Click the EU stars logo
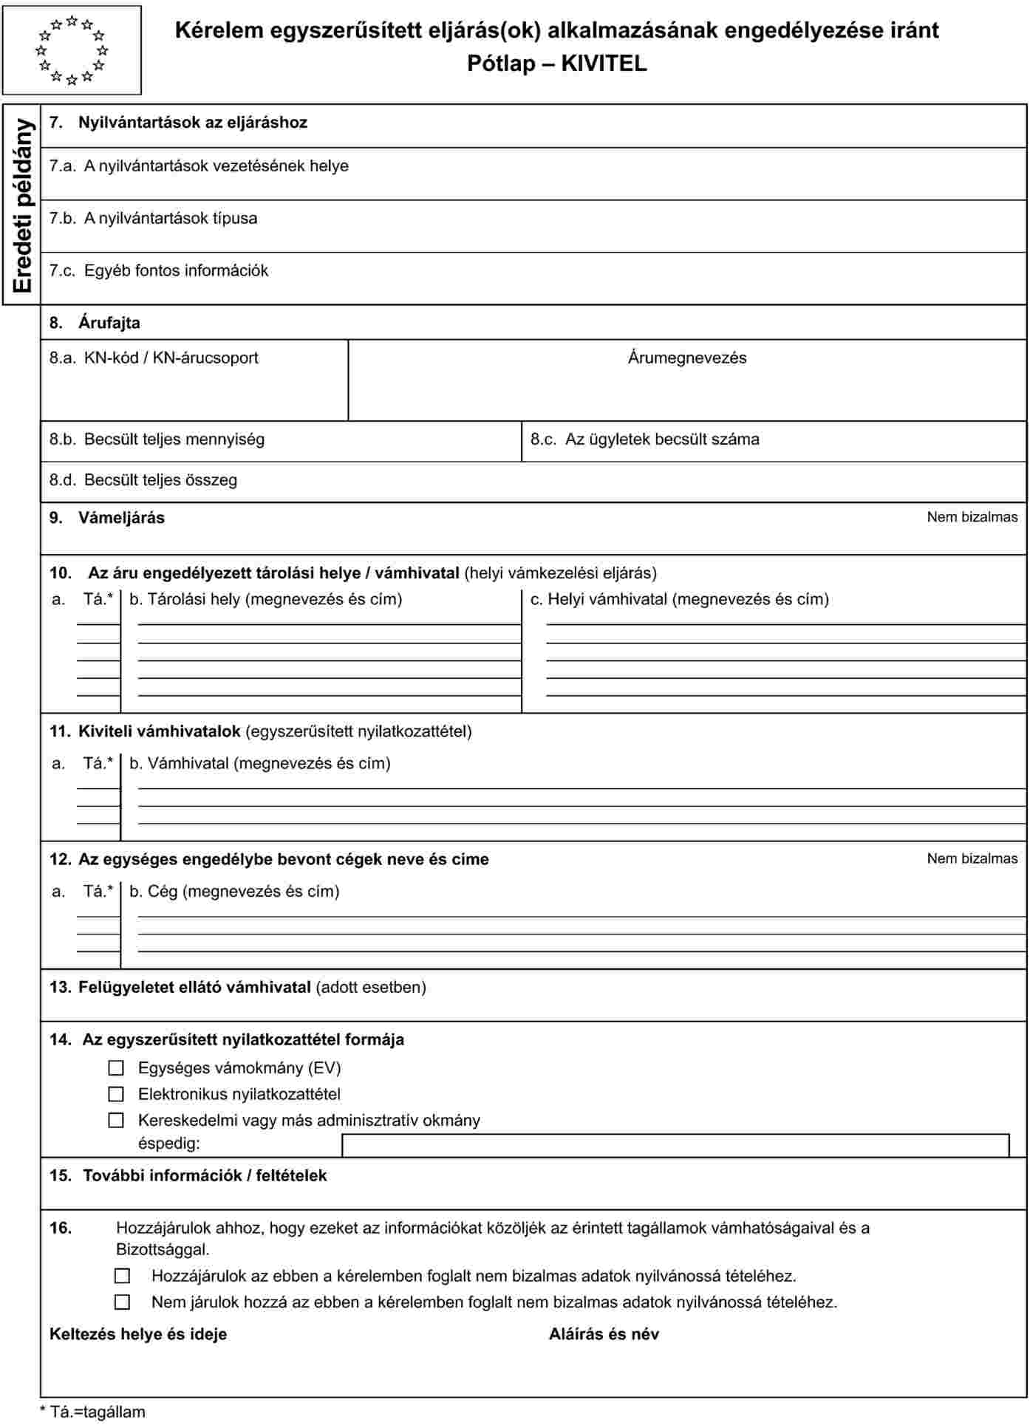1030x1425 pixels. click(x=72, y=50)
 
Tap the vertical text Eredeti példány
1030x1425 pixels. click(x=23, y=205)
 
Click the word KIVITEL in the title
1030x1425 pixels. click(x=604, y=64)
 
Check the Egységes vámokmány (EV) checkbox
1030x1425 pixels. click(x=116, y=1068)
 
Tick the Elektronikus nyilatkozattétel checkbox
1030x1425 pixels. click(x=116, y=1094)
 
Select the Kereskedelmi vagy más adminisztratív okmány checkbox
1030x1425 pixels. click(x=116, y=1120)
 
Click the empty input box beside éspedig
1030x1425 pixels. click(x=675, y=1145)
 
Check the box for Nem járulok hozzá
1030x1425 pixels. click(x=123, y=1302)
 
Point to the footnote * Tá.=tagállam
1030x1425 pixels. click(x=92, y=1412)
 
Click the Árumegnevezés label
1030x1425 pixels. click(x=686, y=358)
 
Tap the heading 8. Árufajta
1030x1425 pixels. click(x=95, y=323)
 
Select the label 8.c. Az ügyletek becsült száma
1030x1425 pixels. click(x=644, y=440)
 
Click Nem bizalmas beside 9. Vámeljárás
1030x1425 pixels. click(x=972, y=517)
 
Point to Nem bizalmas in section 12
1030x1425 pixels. click(x=972, y=858)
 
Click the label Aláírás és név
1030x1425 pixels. click(x=604, y=1334)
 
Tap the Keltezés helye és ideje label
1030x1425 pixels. click(x=138, y=1334)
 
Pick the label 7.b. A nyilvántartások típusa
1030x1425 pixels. click(x=154, y=219)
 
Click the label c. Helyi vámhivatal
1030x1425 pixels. click(x=680, y=599)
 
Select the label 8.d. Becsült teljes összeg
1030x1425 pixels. click(x=143, y=480)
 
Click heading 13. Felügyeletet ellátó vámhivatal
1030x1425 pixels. click(x=237, y=988)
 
